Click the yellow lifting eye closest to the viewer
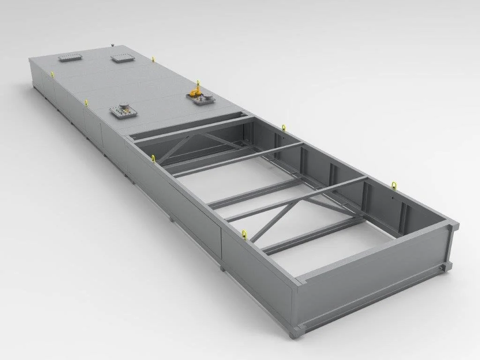pyautogui.click(x=244, y=234)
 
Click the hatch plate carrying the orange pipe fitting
pyautogui.click(x=200, y=99)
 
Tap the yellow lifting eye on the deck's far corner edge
pyautogui.click(x=153, y=59)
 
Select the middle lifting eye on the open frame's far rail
pyautogui.click(x=284, y=127)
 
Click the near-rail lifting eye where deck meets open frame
pyautogui.click(x=153, y=158)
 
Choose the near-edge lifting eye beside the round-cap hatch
pyautogui.click(x=86, y=102)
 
